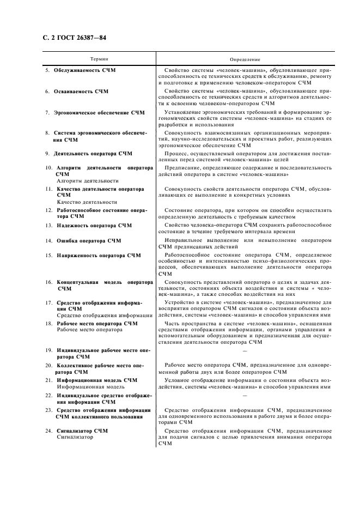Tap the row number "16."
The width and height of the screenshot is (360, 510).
(48, 282)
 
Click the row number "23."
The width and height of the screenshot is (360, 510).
(48, 410)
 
